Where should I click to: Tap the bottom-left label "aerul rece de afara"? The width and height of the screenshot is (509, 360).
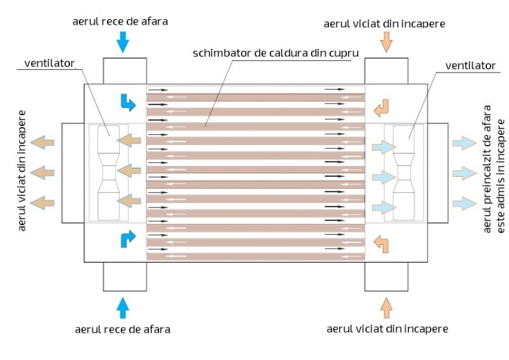[122, 329]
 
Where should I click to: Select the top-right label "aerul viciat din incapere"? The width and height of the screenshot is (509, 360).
[384, 24]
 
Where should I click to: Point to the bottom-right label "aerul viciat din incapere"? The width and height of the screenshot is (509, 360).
[387, 329]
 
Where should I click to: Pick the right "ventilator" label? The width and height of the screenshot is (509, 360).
[470, 65]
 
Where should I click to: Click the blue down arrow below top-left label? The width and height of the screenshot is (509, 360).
[123, 43]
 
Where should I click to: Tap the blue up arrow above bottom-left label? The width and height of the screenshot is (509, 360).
[123, 307]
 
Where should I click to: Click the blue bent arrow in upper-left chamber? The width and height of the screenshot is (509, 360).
[128, 102]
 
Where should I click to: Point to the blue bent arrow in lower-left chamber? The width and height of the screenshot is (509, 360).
[128, 239]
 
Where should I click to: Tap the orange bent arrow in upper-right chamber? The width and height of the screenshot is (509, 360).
[381, 109]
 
